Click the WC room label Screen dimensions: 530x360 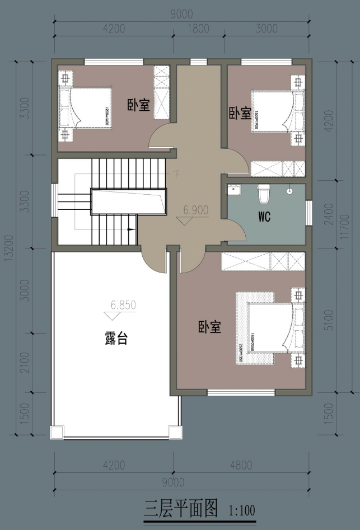coord(265,217)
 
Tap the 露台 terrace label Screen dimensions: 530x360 coord(116,339)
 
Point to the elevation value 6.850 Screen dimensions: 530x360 coord(123,306)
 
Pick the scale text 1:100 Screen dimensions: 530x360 coord(242,510)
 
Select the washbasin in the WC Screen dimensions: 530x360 coord(234,191)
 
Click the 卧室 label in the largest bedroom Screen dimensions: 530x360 coord(209,327)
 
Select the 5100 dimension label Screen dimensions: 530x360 coord(329,319)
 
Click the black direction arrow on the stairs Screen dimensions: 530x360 coord(131,229)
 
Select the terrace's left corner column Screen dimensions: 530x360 coord(57,432)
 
